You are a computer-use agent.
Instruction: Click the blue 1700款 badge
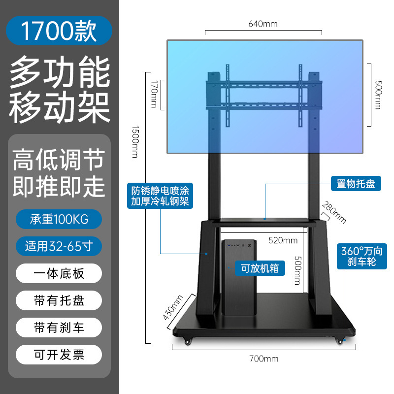tap(59, 30)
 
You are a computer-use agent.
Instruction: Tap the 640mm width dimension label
tap(263, 24)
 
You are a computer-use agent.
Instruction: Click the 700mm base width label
tap(263, 359)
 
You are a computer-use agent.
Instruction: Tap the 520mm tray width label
tap(283, 240)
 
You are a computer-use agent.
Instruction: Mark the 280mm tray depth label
tap(334, 212)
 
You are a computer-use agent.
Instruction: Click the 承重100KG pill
tap(59, 220)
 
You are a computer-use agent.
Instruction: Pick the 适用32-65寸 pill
tap(59, 246)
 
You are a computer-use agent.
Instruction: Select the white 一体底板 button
tap(59, 273)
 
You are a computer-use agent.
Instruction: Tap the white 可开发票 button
tap(59, 354)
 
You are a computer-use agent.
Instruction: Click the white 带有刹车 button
tap(59, 327)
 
